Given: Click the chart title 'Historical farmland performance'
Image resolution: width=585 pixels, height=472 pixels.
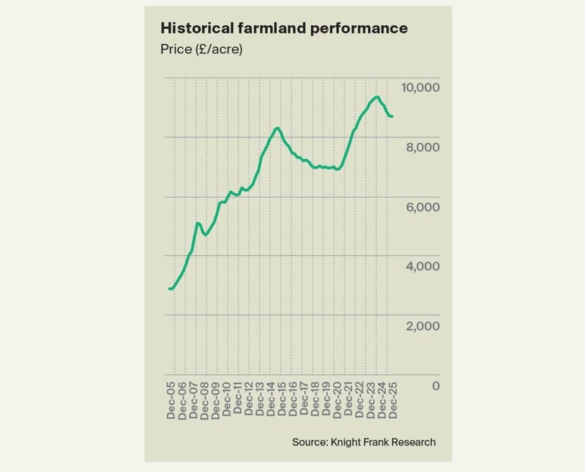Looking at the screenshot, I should coord(284,28).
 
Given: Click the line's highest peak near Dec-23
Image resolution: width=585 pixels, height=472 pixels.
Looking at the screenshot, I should coord(376,97).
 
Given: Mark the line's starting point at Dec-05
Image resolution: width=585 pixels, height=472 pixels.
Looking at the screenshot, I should coord(170,289).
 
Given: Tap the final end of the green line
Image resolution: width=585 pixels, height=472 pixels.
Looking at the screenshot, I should coord(392,116).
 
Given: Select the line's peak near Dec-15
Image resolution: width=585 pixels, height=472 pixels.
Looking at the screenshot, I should coord(278,128).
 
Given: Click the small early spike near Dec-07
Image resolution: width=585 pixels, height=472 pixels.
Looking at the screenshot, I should coord(197,223).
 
